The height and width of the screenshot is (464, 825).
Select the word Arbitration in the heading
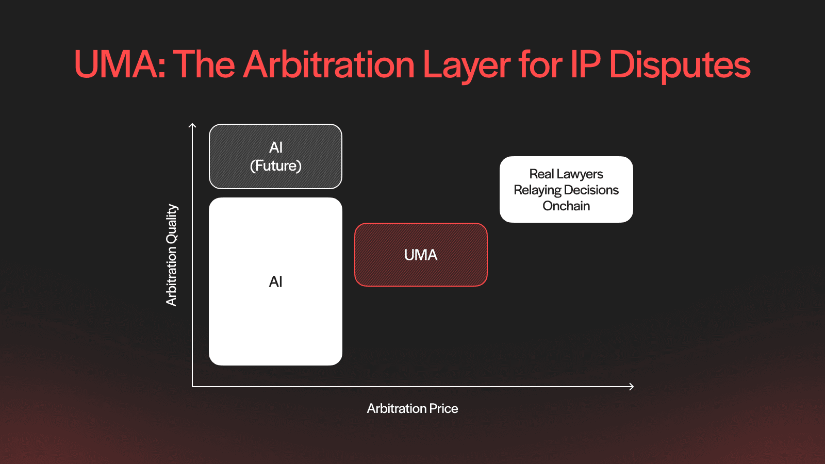(328, 65)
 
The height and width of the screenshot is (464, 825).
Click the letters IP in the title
(586, 65)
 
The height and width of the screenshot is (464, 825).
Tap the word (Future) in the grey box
(276, 166)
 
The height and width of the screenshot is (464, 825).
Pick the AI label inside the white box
(276, 281)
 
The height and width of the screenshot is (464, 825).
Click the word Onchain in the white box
(566, 206)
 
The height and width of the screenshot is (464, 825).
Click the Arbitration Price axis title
(412, 408)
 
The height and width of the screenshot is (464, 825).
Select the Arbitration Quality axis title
(172, 255)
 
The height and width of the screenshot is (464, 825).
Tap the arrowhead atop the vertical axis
(192, 125)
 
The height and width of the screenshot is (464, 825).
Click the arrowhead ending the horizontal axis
(632, 386)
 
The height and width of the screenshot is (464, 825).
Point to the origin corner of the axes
(192, 386)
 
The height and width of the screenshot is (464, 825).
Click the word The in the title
(204, 65)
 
